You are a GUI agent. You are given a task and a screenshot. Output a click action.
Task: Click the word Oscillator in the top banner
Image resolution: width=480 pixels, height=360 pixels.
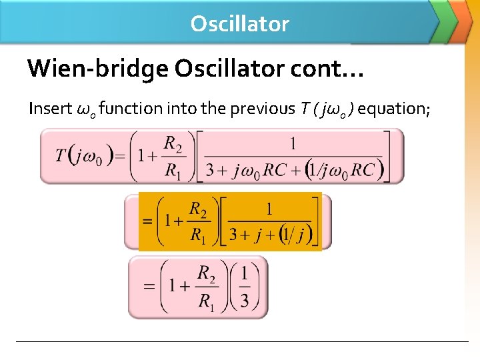click(239, 24)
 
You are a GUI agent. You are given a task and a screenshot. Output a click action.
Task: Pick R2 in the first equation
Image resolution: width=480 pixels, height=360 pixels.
click(173, 143)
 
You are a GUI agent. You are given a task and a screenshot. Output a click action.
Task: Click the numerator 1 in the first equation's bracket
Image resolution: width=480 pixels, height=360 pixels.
click(293, 143)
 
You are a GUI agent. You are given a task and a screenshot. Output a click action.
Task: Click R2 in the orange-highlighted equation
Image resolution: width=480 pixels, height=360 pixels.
click(198, 209)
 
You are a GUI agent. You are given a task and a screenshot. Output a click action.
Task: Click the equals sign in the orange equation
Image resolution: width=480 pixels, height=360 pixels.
click(148, 222)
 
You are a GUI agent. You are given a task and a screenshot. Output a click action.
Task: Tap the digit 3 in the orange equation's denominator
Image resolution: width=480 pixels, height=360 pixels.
click(233, 235)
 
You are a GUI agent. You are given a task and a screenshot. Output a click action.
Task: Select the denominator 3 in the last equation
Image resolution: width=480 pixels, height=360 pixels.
click(245, 301)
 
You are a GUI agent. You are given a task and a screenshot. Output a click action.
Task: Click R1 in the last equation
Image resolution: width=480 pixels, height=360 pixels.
click(207, 301)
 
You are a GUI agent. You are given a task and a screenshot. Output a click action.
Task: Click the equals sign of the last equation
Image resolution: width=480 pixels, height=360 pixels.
click(149, 287)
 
